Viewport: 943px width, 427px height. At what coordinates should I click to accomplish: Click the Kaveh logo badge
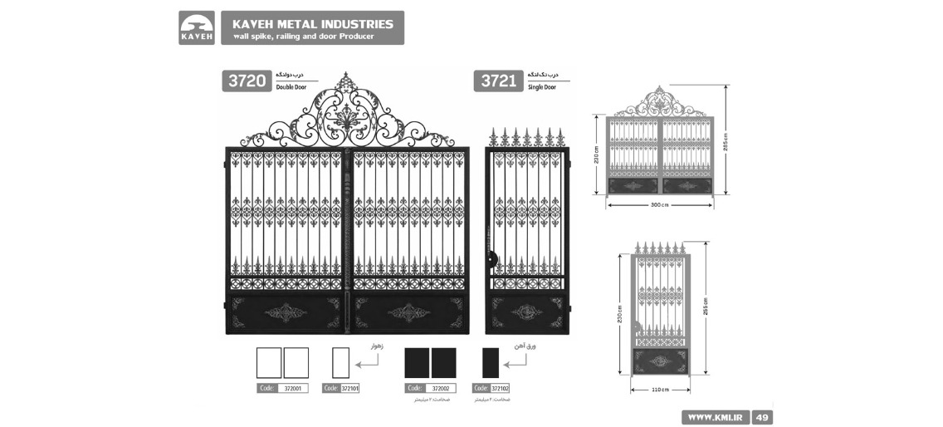[x=197, y=27]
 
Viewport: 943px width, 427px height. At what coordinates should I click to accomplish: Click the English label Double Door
[x=291, y=86]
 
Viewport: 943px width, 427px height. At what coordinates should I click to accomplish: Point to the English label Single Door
[x=542, y=86]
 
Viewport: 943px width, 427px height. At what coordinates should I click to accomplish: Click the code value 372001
[x=291, y=388]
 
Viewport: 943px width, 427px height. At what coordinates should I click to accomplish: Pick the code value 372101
[x=350, y=388]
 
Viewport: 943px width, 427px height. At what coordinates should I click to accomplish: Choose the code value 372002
[x=441, y=388]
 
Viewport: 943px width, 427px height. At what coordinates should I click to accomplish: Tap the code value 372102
[x=500, y=388]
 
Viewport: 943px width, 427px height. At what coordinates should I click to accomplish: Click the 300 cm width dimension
[x=659, y=204]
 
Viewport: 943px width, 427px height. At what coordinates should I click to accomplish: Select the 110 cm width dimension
[x=661, y=389]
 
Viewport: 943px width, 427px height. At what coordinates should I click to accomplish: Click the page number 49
[x=762, y=417]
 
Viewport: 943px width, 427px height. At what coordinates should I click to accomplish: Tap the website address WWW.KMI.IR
[x=715, y=417]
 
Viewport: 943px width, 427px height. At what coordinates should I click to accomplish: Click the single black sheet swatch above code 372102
[x=491, y=363]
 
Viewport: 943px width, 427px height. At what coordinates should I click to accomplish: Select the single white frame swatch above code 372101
[x=340, y=363]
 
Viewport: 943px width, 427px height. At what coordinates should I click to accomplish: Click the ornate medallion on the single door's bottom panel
[x=526, y=312]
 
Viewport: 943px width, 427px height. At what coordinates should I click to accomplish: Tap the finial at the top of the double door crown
[x=347, y=79]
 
